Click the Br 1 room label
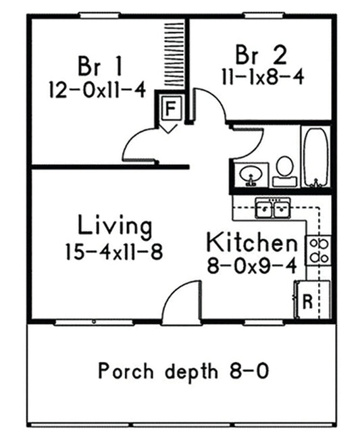pyautogui.click(x=100, y=66)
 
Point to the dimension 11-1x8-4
pyautogui.click(x=261, y=76)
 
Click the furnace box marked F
pyautogui.click(x=171, y=107)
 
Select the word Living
pyautogui.click(x=114, y=225)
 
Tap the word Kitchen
pyautogui.click(x=251, y=242)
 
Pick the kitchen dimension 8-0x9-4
pyautogui.click(x=251, y=265)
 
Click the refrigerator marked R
pyautogui.click(x=307, y=299)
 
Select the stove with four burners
pyautogui.click(x=318, y=250)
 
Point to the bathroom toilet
pyautogui.click(x=284, y=171)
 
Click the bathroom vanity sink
pyautogui.click(x=251, y=174)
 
